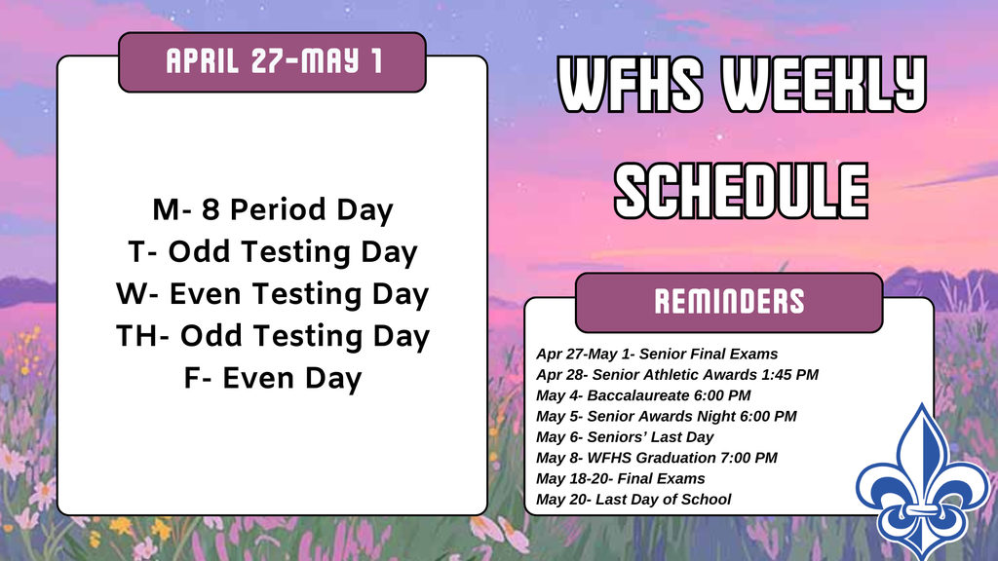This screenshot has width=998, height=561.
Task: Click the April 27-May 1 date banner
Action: [x=273, y=62]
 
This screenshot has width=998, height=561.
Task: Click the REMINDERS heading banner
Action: [x=729, y=302]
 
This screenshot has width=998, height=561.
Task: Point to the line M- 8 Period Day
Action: [x=272, y=209]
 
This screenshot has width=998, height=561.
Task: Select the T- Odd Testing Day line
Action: [x=272, y=252]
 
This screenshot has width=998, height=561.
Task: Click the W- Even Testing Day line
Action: [x=272, y=294]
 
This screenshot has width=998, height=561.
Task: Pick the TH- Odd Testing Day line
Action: [x=272, y=336]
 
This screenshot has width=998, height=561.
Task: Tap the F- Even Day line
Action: [x=272, y=378]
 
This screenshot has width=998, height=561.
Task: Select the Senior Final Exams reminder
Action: [x=656, y=354]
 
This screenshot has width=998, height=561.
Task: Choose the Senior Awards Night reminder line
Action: [x=666, y=416]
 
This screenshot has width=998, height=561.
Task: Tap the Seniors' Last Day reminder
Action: [x=625, y=437]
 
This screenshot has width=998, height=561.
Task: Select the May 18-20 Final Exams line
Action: [x=620, y=478]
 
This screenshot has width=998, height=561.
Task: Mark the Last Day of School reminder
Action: [x=633, y=500]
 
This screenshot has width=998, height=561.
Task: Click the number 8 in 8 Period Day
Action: [x=210, y=209]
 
